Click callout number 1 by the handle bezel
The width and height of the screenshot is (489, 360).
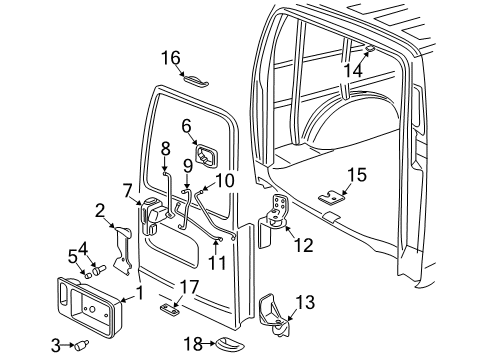point(139,293)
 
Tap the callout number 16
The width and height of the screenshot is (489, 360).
point(172,57)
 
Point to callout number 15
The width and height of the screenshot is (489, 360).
point(356,176)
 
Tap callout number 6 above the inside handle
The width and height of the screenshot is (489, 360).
point(186,126)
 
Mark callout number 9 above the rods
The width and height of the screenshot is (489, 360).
point(188,163)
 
